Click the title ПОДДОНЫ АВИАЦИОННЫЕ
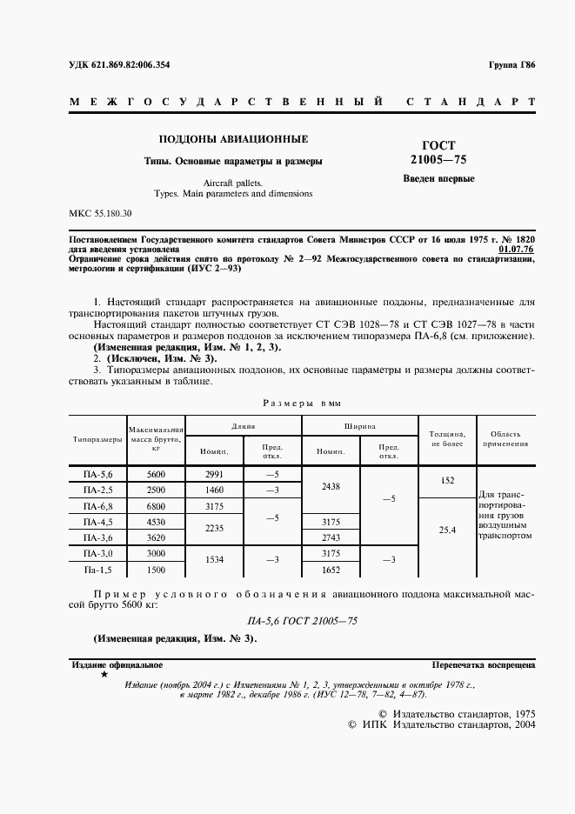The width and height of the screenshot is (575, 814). pyautogui.click(x=232, y=138)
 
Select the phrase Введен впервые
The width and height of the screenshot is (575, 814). pyautogui.click(x=438, y=179)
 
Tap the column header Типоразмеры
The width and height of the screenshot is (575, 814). pyautogui.click(x=97, y=439)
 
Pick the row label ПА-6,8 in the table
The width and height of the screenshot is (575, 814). pyautogui.click(x=97, y=505)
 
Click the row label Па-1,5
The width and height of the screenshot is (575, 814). pyautogui.click(x=97, y=569)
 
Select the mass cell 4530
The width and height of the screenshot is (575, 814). pyautogui.click(x=157, y=522)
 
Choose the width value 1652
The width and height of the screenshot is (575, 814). pyautogui.click(x=331, y=569)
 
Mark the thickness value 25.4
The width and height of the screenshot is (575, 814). pyautogui.click(x=447, y=530)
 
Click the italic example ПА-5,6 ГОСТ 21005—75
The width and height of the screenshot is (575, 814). pyautogui.click(x=303, y=621)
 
